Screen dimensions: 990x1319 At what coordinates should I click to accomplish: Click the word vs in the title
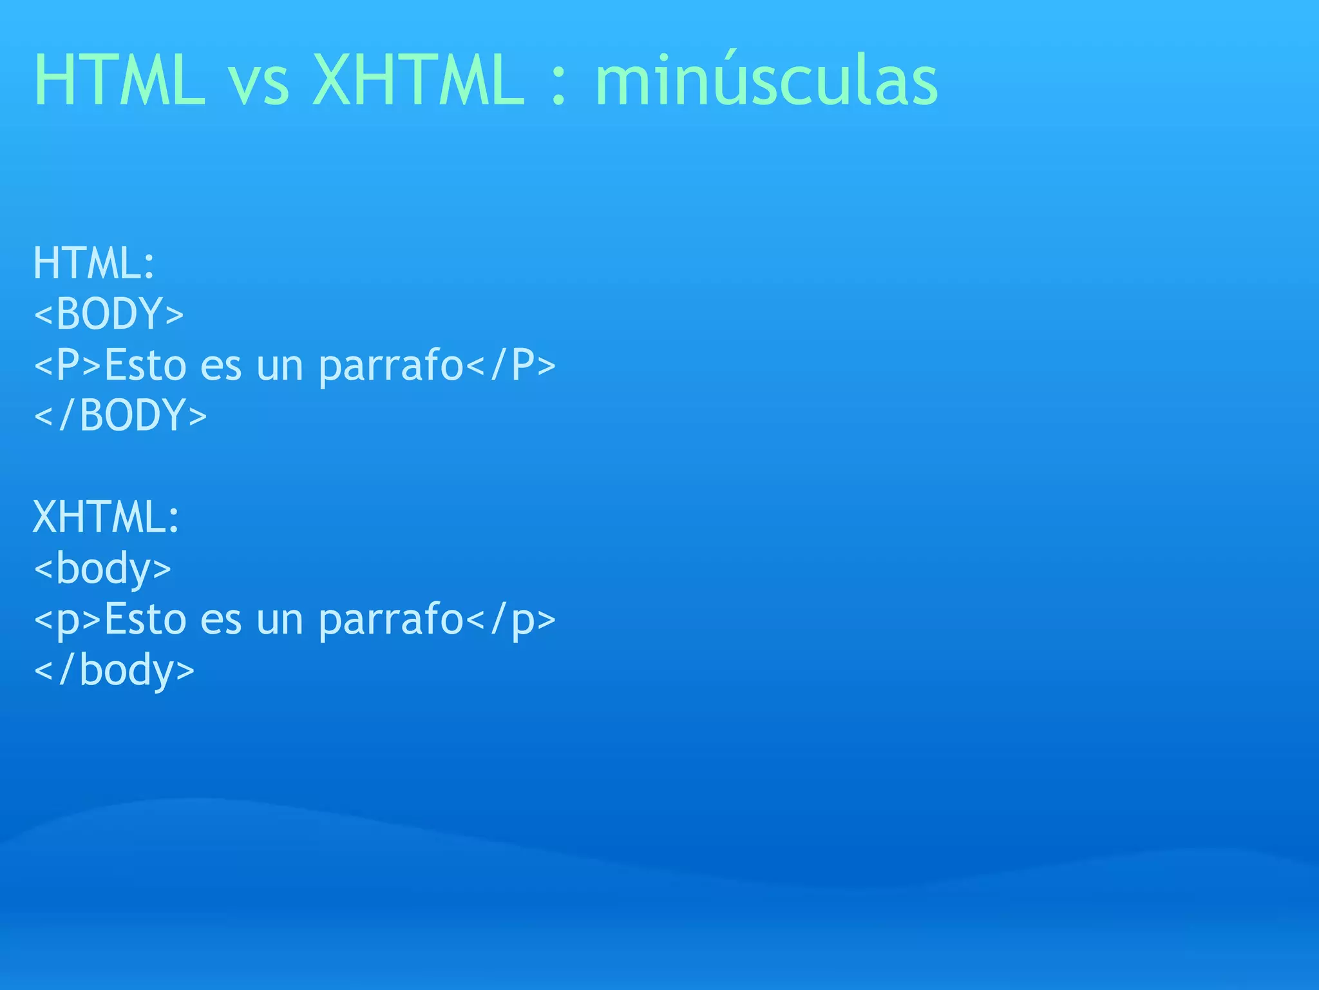click(259, 84)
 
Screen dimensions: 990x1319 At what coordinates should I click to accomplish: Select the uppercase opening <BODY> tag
click(109, 314)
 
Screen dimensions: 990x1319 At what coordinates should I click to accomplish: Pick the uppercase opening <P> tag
click(68, 365)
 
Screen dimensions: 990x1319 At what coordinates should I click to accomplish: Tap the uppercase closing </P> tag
click(511, 365)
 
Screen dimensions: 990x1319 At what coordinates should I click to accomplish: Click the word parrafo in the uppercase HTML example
click(391, 366)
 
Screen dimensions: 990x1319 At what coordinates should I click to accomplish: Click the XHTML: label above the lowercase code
click(106, 517)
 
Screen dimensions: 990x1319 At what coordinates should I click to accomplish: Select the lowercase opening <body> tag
click(102, 568)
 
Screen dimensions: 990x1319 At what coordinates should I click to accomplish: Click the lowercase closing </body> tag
click(114, 670)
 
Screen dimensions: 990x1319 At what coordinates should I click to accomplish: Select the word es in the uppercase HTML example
click(221, 366)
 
